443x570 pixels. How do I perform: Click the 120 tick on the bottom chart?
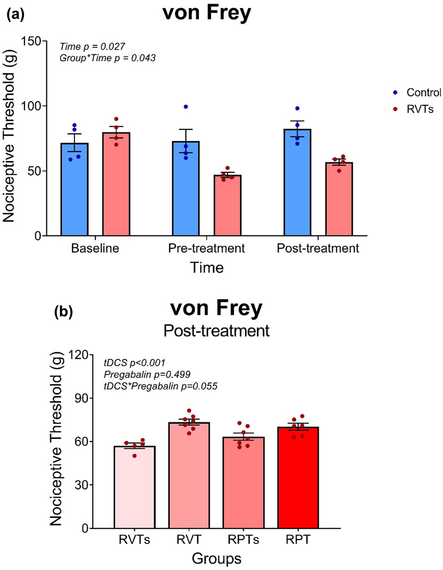click(78, 355)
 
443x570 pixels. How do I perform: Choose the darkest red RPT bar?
click(298, 479)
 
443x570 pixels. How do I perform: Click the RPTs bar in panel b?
click(244, 483)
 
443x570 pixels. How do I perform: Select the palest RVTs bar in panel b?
click(135, 488)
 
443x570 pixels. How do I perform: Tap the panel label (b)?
click(63, 312)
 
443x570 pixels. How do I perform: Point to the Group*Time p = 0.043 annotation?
click(107, 58)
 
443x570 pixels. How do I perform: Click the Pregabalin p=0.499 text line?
click(147, 374)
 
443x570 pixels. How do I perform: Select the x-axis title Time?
click(207, 267)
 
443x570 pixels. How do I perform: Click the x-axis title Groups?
click(216, 558)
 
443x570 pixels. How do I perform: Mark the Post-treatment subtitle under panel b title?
click(216, 330)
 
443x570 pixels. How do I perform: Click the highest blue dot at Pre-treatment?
click(186, 107)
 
